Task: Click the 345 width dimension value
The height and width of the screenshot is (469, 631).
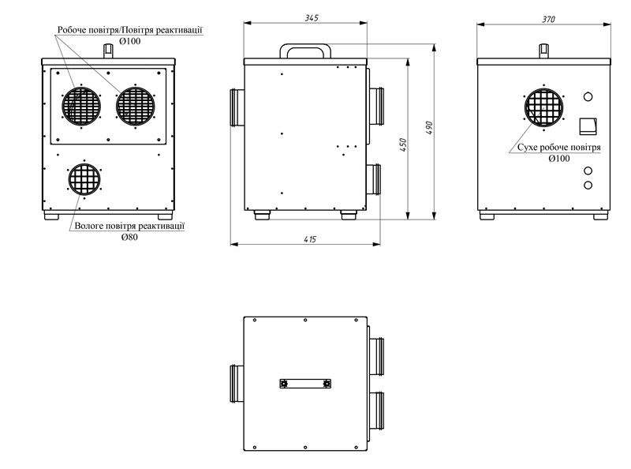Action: point(312,17)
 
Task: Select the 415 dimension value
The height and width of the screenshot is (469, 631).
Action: point(310,239)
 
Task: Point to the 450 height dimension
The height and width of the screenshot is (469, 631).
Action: point(403,145)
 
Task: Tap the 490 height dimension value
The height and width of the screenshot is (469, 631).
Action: point(429,128)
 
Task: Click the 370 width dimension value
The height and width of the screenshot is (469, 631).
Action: point(548,19)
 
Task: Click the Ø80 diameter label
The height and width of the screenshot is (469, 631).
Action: point(129,237)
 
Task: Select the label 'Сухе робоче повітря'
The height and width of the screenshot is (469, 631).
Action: point(559,148)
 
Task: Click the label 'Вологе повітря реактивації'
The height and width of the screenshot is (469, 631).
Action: point(129,226)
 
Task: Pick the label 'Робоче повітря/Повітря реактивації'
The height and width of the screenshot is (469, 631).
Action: point(130,30)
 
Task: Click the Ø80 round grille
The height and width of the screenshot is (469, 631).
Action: point(84,179)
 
